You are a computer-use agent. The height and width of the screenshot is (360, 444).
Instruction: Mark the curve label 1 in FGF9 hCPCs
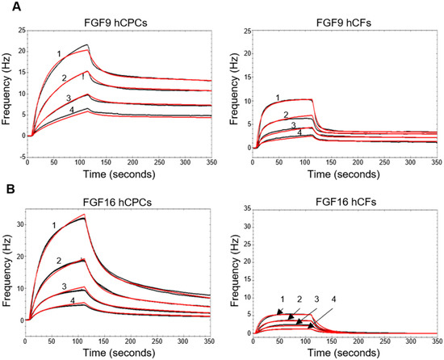[x=59, y=53]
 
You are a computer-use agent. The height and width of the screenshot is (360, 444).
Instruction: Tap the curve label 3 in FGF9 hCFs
[x=292, y=125]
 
